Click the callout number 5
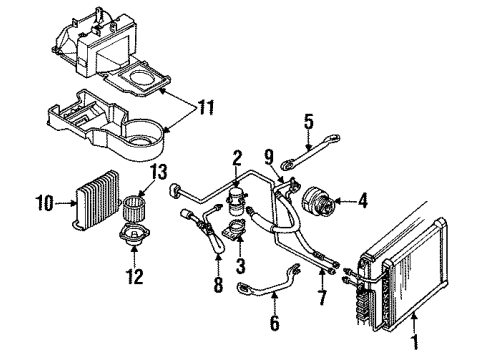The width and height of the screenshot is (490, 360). pos(309,124)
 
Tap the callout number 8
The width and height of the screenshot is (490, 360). pos(219,285)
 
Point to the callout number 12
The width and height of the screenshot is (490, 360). pos(135,276)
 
